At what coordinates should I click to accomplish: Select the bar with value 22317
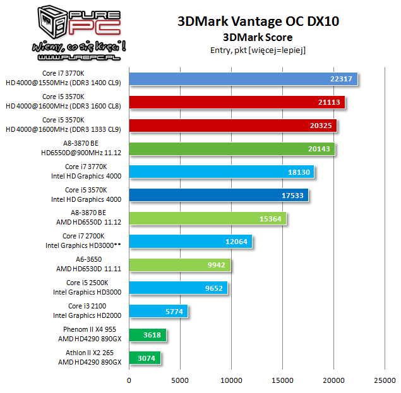(x=243, y=78)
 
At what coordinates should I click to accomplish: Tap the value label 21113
(x=330, y=102)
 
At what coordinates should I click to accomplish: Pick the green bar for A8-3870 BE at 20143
(x=232, y=149)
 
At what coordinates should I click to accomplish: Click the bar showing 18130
(x=221, y=172)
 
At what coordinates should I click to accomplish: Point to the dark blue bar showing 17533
(x=218, y=196)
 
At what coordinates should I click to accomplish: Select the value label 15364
(x=270, y=218)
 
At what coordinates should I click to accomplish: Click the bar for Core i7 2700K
(x=191, y=242)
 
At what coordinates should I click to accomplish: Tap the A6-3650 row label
(x=88, y=264)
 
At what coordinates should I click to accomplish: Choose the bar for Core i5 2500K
(x=178, y=288)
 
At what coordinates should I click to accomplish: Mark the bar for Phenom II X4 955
(x=147, y=335)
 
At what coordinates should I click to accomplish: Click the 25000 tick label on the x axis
(x=385, y=380)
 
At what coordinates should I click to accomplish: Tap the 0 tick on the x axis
(x=129, y=380)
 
